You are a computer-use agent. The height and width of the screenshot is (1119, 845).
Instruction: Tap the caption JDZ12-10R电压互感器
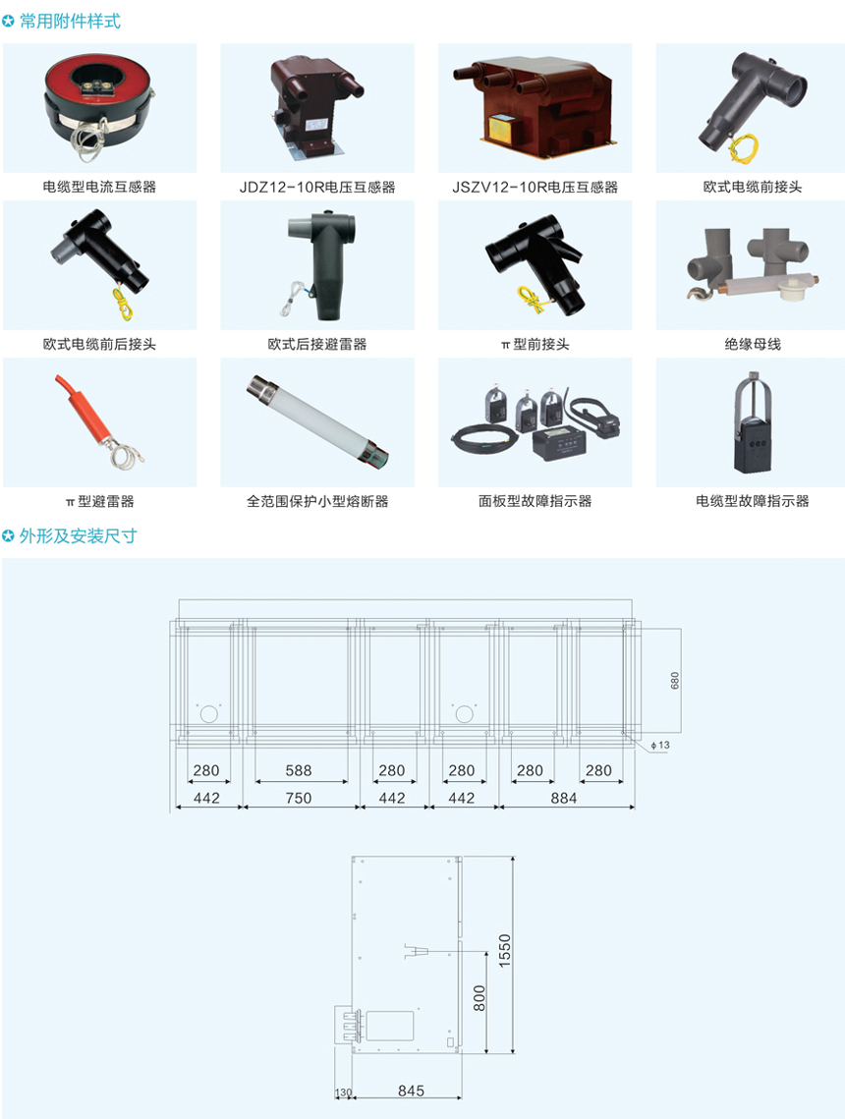point(316,187)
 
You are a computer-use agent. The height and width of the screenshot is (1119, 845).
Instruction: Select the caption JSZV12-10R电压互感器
point(535,187)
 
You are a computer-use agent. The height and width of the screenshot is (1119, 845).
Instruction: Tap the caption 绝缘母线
point(753,344)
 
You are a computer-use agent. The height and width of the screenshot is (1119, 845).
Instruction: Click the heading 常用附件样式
point(70,22)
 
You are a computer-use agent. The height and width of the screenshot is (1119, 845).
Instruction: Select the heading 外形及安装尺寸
point(78,536)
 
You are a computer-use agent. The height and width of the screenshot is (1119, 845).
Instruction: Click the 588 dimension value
point(299,771)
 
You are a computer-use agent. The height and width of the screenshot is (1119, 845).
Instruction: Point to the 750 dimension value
point(299,798)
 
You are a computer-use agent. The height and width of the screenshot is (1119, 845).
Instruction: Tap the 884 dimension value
point(564,798)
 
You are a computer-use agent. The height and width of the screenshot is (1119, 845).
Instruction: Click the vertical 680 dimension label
point(675,680)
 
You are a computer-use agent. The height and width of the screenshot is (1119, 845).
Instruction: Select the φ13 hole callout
point(660,745)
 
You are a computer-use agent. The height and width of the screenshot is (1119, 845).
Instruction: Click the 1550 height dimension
point(505,951)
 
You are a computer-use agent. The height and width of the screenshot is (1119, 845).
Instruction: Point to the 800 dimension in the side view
point(479,998)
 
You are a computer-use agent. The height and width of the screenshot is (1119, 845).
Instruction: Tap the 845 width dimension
point(411,1091)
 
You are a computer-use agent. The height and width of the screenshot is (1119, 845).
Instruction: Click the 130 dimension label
point(343,1092)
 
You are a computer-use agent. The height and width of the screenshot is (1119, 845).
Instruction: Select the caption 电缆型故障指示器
point(753,501)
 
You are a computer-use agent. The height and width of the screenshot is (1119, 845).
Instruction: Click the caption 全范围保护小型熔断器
point(317,501)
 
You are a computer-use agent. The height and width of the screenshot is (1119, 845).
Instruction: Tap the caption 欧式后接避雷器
point(316,344)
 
